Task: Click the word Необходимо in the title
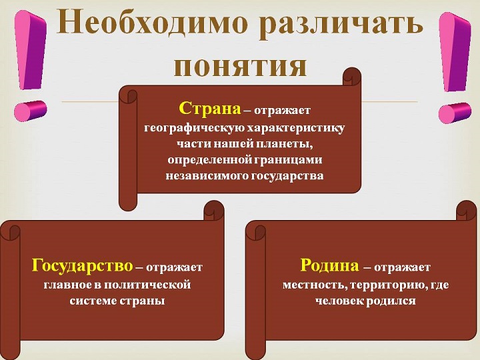coord(152,23)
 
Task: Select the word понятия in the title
coord(240,67)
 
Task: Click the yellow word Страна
coord(210,108)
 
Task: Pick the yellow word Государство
coord(83,265)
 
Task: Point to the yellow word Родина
coord(329,265)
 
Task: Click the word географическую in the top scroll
coord(194,127)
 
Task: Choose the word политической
coord(148,285)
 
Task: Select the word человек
coord(339,301)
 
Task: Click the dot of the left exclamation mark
coord(30,110)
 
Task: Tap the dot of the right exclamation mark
coord(454,113)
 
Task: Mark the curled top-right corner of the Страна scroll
coord(352,77)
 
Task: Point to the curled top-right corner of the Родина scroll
coord(467,211)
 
